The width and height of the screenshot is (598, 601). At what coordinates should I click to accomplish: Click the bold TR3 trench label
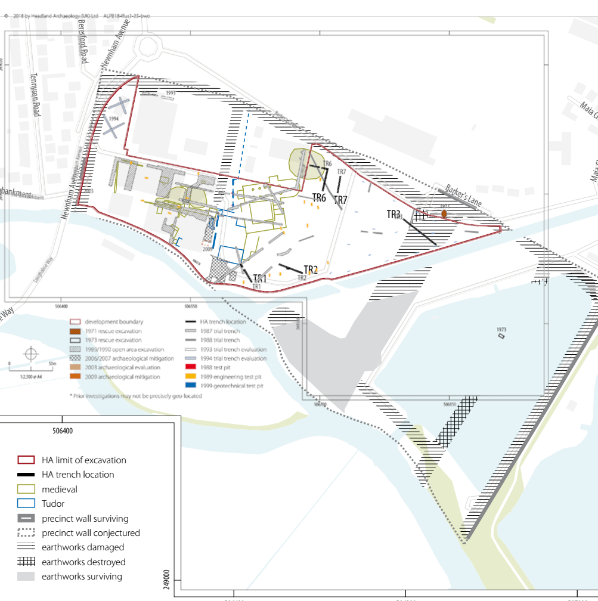393,215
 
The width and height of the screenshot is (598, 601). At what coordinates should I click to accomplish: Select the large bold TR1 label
260,278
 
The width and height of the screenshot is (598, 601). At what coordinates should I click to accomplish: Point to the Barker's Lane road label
463,194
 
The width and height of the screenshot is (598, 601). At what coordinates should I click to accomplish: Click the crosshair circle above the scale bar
30,354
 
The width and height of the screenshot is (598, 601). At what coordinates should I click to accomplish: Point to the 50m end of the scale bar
52,363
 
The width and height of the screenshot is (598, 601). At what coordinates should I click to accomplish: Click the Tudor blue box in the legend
26,504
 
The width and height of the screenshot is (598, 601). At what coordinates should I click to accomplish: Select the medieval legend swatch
26,490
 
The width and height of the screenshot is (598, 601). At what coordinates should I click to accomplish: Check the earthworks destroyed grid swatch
26,562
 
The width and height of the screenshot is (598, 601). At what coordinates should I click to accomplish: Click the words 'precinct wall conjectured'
91,533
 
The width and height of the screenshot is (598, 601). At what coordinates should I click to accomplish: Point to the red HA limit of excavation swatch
26,460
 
